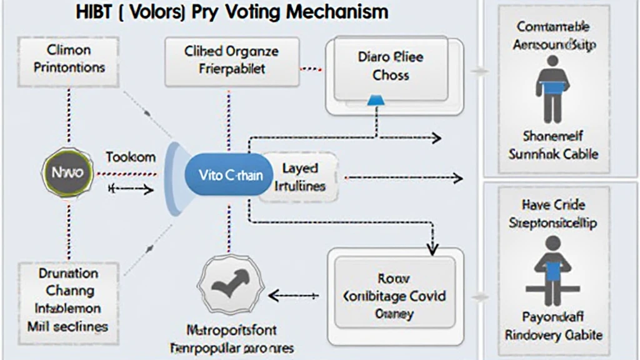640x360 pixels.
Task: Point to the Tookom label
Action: pos(130,157)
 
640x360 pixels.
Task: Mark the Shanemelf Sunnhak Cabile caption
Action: pos(552,144)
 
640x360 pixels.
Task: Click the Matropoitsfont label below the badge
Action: pos(232,329)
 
